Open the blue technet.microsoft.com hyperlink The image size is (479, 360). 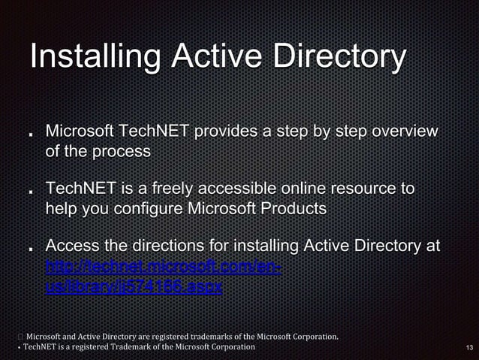pyautogui.click(x=163, y=267)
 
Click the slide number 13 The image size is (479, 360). pyautogui.click(x=469, y=347)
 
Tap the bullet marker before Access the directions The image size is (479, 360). pyautogui.click(x=30, y=249)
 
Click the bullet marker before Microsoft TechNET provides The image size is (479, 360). pyautogui.click(x=30, y=135)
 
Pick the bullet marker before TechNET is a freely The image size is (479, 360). pyautogui.click(x=30, y=192)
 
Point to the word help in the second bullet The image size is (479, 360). pyautogui.click(x=62, y=209)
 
